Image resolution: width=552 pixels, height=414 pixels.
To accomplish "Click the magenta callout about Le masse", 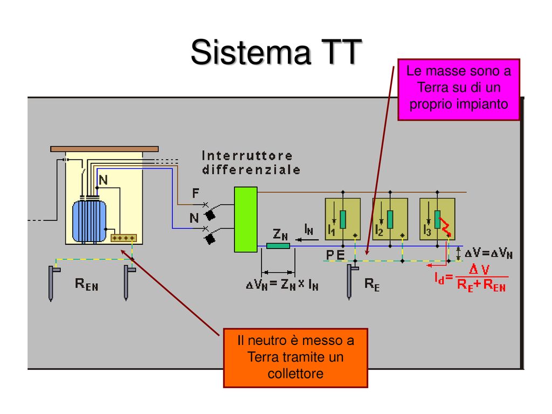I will [458, 89].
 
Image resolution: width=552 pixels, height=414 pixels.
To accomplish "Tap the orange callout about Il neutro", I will [295, 358].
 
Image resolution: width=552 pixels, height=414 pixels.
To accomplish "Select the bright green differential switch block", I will [245, 219].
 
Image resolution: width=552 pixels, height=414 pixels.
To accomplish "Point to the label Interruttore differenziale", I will [251, 162].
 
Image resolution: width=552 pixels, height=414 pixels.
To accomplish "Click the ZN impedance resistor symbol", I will [278, 246].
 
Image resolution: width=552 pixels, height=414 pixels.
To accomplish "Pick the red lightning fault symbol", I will [446, 227].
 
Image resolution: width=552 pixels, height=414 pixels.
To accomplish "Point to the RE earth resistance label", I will [372, 285].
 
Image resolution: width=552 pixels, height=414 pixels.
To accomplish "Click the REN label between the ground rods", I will [86, 285].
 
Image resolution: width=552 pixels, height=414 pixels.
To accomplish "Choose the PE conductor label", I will [336, 254].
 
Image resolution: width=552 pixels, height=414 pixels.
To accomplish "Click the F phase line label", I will [196, 192].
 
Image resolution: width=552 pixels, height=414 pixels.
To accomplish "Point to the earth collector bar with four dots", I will [123, 238].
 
